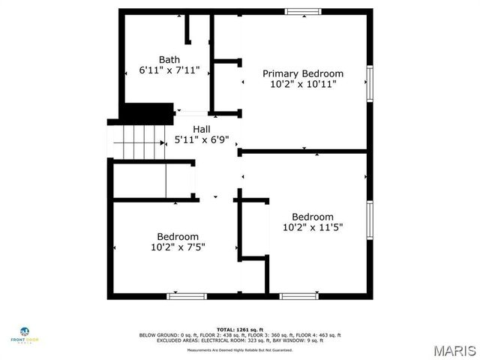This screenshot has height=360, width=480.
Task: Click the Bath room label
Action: (169, 59)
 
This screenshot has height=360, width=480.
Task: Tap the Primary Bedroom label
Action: (302, 73)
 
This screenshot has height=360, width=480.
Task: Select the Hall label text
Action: (201, 129)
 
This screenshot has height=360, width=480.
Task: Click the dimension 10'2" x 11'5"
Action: (313, 227)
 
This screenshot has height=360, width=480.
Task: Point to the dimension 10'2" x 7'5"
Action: (178, 246)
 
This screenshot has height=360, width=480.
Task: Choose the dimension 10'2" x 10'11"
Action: (302, 84)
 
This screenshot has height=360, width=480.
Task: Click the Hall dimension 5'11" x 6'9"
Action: (201, 139)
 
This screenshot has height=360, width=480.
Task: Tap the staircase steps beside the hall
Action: (139, 142)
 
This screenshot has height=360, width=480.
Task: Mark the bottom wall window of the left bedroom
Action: (186, 296)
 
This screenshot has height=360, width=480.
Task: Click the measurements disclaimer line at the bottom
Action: (240, 350)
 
